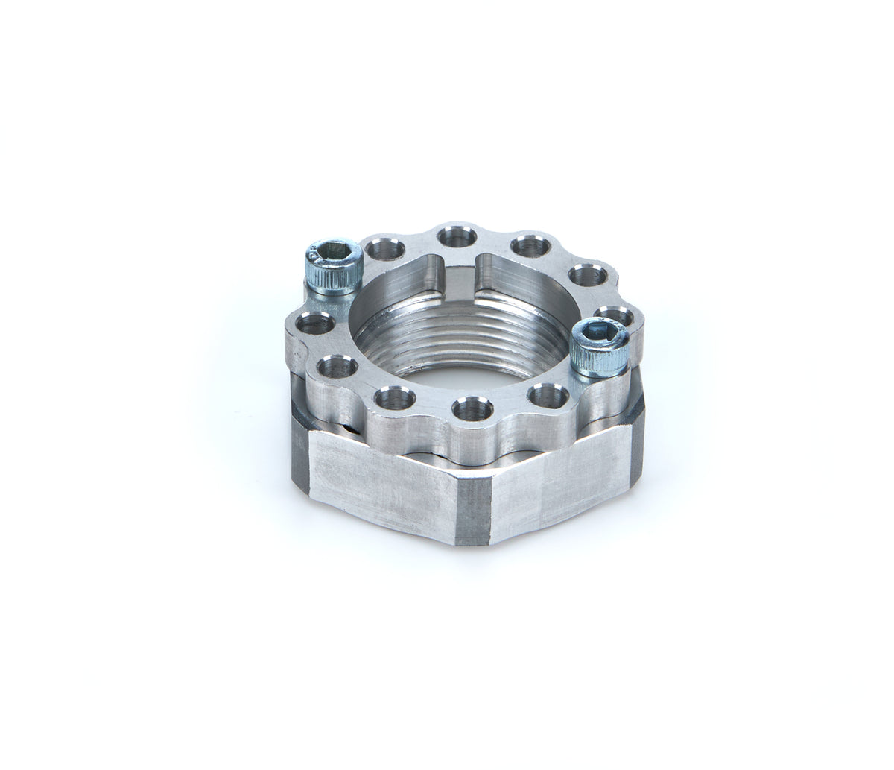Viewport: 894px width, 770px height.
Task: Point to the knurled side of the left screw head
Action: click(332, 279)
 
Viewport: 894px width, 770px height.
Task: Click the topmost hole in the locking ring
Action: click(457, 238)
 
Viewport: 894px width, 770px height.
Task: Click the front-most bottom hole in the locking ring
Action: click(469, 408)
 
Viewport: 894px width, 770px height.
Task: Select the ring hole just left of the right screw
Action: click(546, 394)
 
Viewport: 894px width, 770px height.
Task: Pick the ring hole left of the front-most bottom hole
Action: click(395, 398)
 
